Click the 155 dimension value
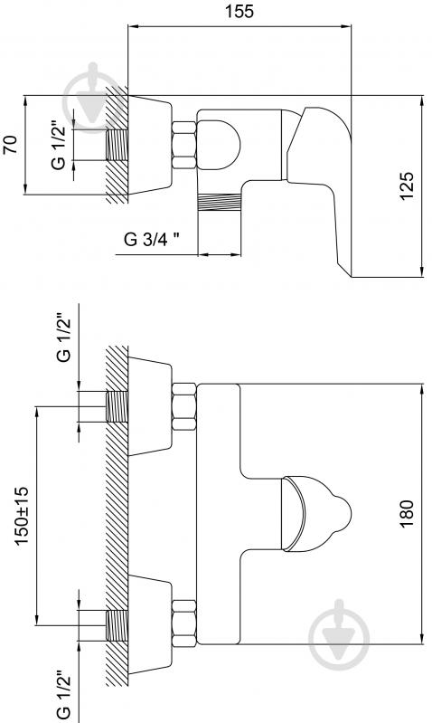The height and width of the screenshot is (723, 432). tap(239, 12)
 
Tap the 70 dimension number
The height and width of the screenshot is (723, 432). tap(10, 145)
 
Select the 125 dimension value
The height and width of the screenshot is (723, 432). tap(407, 186)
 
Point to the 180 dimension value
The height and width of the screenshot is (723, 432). tap(407, 513)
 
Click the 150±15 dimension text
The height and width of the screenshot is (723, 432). tap(22, 515)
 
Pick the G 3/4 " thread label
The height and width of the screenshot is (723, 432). tap(152, 239)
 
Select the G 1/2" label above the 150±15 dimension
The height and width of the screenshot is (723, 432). tap(63, 338)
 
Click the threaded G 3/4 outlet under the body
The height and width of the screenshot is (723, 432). tap(220, 202)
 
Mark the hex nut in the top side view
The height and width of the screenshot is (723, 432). tap(184, 145)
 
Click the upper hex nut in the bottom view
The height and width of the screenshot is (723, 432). tap(184, 406)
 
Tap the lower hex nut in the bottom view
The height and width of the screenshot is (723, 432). tap(184, 623)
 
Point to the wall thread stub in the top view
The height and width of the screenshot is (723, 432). tap(117, 145)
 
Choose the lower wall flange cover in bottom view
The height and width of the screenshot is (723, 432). tap(150, 624)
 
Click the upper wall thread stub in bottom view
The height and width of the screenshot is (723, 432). tap(117, 406)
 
